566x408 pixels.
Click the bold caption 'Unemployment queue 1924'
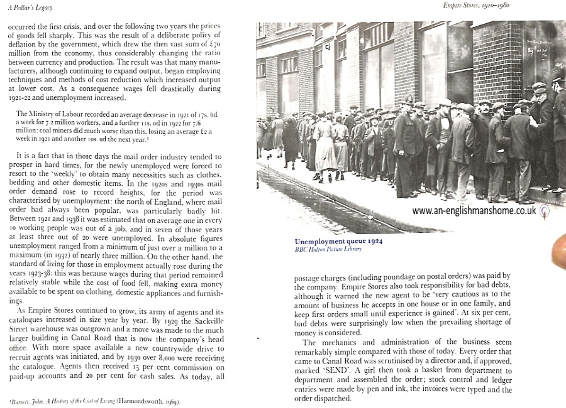click(338, 241)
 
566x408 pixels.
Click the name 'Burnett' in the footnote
click(16, 402)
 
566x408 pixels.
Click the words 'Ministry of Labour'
click(51, 114)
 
